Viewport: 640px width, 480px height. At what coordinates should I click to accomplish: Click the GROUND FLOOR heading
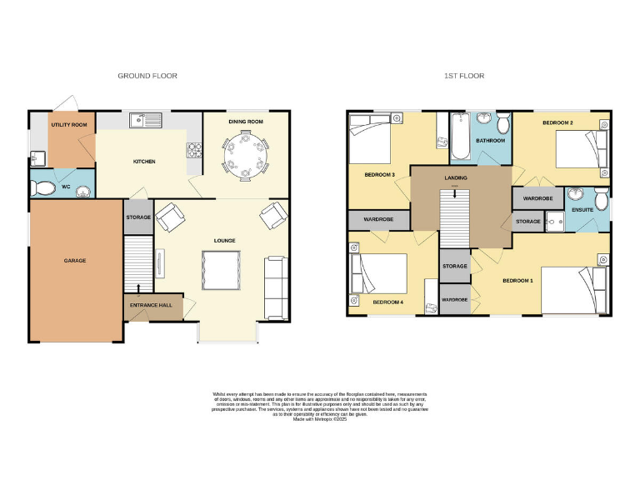click(x=147, y=76)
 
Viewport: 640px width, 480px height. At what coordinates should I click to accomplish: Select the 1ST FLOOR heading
click(x=464, y=76)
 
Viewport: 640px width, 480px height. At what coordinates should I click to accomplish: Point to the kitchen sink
click(x=146, y=122)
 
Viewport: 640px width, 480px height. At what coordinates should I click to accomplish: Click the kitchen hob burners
click(x=196, y=150)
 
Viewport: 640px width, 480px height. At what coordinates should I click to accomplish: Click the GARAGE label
click(x=75, y=261)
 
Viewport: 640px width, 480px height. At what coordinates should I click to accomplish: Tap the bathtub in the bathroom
click(x=459, y=138)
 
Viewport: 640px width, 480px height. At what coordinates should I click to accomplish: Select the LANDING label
click(x=456, y=177)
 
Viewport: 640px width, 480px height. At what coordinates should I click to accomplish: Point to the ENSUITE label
click(x=582, y=209)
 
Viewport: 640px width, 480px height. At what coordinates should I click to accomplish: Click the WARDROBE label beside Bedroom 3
click(x=378, y=219)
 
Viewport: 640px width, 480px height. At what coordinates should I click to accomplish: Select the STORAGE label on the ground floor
click(x=138, y=217)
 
